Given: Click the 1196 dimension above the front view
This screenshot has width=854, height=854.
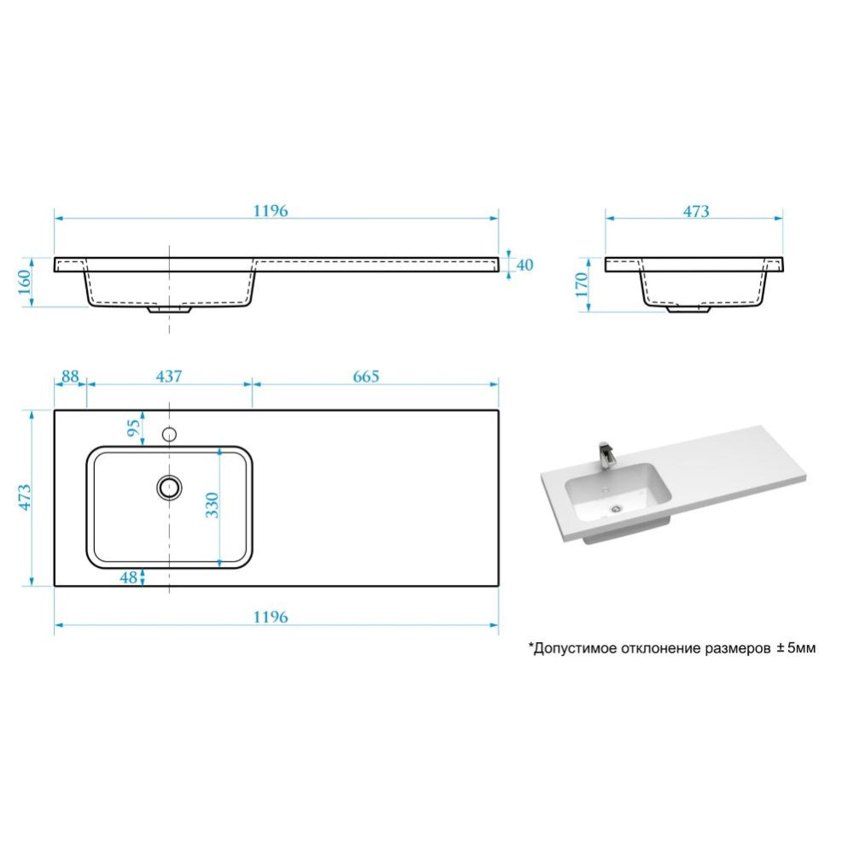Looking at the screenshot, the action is click(270, 211).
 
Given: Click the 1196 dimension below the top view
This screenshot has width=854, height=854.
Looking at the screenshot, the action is click(270, 617).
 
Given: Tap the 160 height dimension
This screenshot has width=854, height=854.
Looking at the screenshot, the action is click(25, 282).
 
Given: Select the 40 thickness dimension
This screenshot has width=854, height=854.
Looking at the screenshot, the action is click(524, 266).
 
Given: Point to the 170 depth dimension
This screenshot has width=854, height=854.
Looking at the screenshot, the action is click(582, 285).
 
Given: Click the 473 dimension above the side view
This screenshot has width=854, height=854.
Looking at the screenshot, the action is click(696, 211).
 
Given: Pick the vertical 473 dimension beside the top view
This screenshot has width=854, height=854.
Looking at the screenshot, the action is click(25, 497).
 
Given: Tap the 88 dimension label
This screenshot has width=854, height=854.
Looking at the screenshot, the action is click(70, 377).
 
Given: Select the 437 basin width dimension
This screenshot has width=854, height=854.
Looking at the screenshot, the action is click(169, 377).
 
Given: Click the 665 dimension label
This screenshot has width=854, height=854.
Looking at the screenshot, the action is click(366, 377).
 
